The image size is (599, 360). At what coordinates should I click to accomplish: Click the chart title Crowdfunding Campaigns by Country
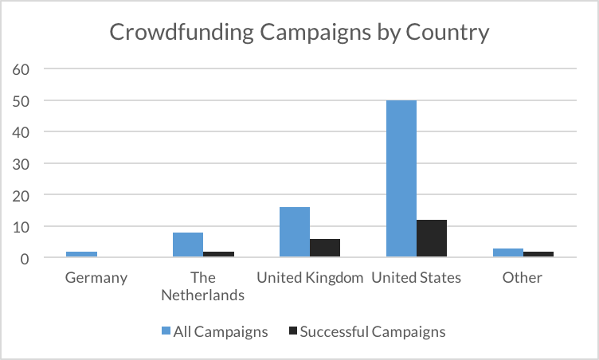tap(299, 33)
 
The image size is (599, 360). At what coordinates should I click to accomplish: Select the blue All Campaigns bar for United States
tap(401, 178)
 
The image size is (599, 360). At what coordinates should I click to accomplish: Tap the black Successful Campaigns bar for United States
tap(431, 238)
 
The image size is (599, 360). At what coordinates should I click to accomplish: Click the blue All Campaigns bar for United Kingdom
tap(294, 232)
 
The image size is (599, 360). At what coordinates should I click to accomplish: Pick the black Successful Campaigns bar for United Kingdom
tap(324, 248)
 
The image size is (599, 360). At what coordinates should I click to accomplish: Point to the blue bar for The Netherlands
tap(187, 245)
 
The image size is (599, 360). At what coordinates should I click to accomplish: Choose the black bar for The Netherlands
tap(217, 254)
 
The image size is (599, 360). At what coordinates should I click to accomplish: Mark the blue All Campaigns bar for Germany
tap(81, 254)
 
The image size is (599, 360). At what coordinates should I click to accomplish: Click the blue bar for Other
tap(507, 252)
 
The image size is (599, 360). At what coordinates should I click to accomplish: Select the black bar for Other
tap(538, 254)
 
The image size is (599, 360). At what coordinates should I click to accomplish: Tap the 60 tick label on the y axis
tap(22, 69)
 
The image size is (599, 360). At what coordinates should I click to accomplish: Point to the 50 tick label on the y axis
tap(22, 101)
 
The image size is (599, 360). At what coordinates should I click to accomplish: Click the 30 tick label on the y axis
tap(22, 164)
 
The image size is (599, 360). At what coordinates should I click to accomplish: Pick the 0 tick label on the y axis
tap(25, 258)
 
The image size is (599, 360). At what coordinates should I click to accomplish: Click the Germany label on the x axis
tap(96, 278)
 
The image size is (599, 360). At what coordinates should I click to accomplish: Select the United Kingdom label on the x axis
tap(310, 278)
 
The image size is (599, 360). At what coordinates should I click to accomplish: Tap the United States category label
tap(416, 278)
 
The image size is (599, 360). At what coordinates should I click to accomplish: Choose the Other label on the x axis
tap(523, 278)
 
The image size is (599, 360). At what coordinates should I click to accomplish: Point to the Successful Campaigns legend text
tap(373, 331)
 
